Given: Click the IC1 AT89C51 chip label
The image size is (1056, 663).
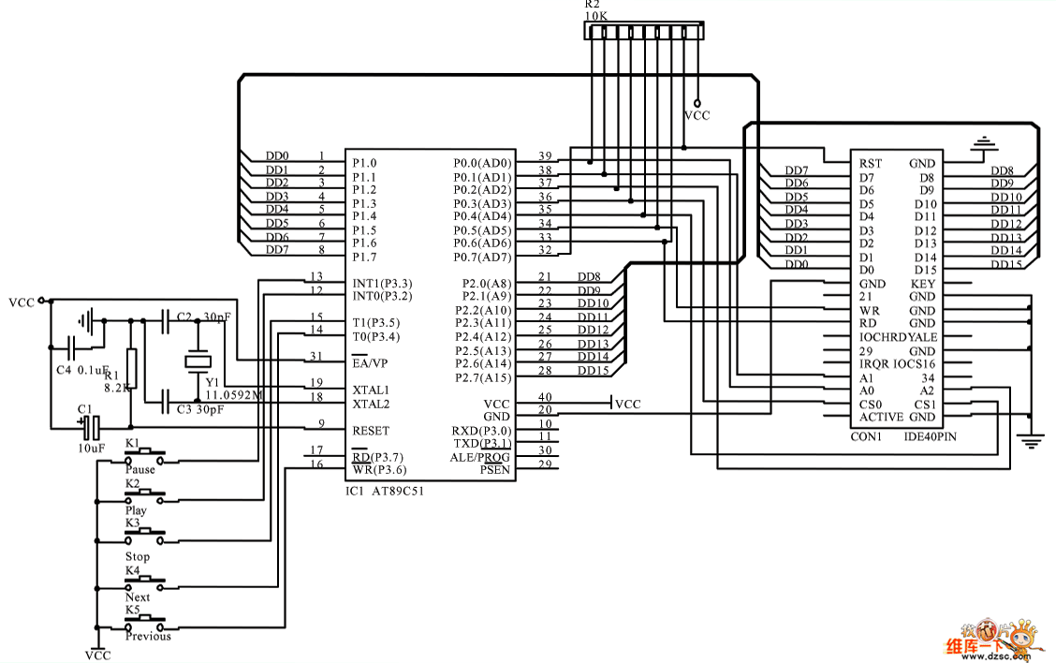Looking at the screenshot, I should tap(384, 491).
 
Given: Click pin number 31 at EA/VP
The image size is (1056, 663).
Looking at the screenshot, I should tap(315, 357).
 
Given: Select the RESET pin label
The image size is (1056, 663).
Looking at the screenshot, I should tap(371, 431).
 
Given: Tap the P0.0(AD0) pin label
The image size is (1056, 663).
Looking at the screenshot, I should tap(482, 163).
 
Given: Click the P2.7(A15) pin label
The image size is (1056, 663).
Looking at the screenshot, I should tap(483, 377).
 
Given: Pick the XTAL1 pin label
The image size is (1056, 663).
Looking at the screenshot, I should tap(371, 390).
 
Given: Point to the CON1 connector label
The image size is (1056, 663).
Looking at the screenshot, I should tap(867, 436).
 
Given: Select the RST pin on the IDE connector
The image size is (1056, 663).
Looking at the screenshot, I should tap(870, 163).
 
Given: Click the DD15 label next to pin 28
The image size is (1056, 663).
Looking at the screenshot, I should tap(593, 371).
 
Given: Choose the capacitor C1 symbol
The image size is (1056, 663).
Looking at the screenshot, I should tap(90, 428).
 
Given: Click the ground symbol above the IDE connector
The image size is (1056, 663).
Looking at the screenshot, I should tap(981, 143).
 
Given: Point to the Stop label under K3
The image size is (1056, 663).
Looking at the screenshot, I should tap(138, 556).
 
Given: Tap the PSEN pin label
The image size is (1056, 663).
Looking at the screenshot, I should tap(494, 469).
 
